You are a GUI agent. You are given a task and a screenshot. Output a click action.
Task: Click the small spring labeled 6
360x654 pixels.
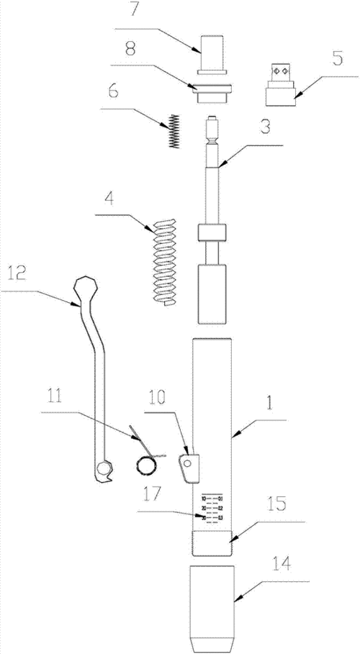tap(172, 132)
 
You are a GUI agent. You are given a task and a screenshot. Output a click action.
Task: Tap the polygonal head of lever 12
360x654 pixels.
tap(87, 290)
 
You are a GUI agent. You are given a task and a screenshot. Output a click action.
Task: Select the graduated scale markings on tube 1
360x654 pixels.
tap(213, 507)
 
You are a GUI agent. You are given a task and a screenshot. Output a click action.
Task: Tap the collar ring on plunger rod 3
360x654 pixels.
tap(212, 234)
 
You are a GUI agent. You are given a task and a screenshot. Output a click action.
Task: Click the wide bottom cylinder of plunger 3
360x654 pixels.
tap(212, 293)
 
